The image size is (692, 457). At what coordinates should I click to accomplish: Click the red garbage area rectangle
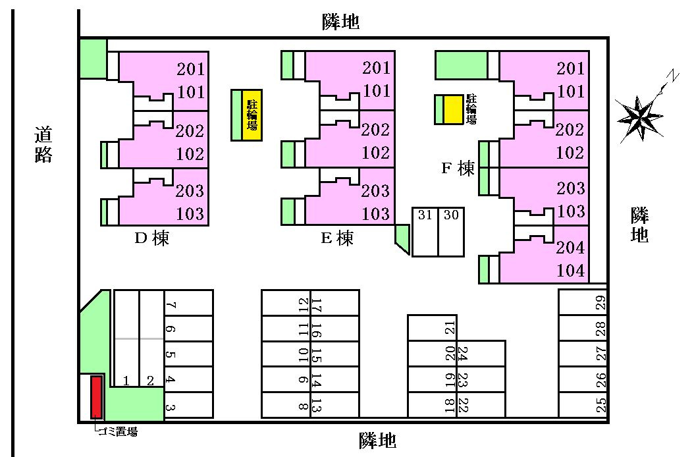(97, 397)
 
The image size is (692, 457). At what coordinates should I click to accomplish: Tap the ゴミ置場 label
(118, 432)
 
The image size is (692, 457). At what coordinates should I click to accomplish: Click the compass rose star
(639, 118)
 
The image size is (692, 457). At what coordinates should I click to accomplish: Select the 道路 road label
(43, 144)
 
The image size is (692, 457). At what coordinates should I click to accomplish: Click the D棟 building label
(152, 238)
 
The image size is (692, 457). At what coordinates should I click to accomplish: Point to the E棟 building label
(337, 238)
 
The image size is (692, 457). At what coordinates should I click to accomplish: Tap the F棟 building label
(458, 168)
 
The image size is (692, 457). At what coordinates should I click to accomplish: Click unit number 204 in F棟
(570, 247)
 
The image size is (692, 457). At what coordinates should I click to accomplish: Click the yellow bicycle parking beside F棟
(453, 109)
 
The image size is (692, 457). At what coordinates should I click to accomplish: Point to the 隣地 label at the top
(340, 21)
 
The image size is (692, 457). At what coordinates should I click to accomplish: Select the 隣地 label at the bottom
(377, 441)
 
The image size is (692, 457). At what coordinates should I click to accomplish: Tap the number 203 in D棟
(190, 191)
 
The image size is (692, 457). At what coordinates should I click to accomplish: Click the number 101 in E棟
(377, 91)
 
